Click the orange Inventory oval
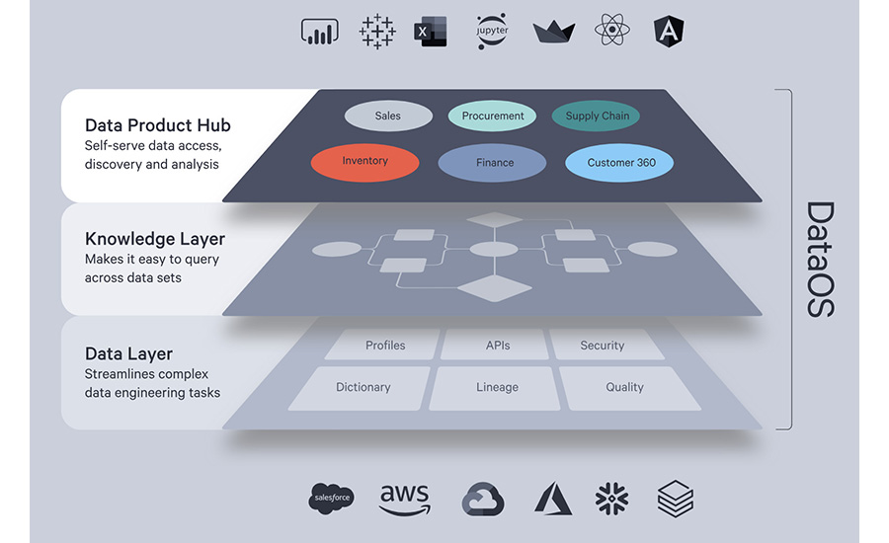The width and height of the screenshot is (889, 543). click(364, 161)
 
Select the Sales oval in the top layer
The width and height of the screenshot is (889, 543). click(388, 116)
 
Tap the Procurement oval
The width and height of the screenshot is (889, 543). click(493, 116)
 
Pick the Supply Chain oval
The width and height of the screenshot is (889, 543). click(597, 116)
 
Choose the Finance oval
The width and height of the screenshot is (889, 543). click(492, 163)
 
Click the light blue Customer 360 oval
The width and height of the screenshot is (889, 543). click(621, 163)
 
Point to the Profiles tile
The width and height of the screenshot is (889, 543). click(385, 346)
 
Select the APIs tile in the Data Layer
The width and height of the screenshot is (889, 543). click(497, 346)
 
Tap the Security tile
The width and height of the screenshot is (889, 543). click(603, 346)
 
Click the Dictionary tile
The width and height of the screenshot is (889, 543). click(364, 387)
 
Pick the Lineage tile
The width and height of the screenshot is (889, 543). click(497, 387)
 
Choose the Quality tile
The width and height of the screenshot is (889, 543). click(624, 387)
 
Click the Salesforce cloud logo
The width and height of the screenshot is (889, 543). click(331, 500)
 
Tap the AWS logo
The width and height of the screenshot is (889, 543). click(404, 500)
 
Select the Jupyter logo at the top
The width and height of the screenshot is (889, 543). click(491, 32)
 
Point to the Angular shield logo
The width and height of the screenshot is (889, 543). click(669, 32)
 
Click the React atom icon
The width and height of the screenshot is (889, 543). click(611, 31)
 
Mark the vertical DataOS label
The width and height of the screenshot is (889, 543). click(819, 260)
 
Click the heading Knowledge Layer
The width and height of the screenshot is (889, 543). click(155, 239)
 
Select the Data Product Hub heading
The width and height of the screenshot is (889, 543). click(158, 125)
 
